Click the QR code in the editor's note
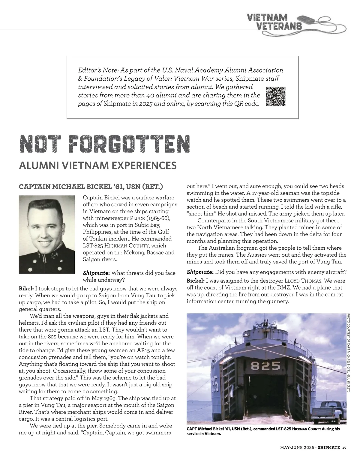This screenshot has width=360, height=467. coord(276,97)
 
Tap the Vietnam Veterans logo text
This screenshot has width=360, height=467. coord(274,22)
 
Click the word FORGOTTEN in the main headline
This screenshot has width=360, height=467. coord(129,144)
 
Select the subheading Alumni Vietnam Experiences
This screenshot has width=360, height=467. coord(97,165)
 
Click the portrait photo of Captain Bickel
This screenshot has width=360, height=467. coord(47,234)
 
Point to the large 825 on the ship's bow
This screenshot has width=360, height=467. coord(265,366)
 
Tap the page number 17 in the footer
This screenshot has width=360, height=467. coord(344,448)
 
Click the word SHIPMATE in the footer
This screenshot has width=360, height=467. coord(329,448)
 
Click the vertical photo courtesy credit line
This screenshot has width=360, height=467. coord(349,352)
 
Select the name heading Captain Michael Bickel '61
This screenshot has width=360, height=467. coord(91,187)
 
